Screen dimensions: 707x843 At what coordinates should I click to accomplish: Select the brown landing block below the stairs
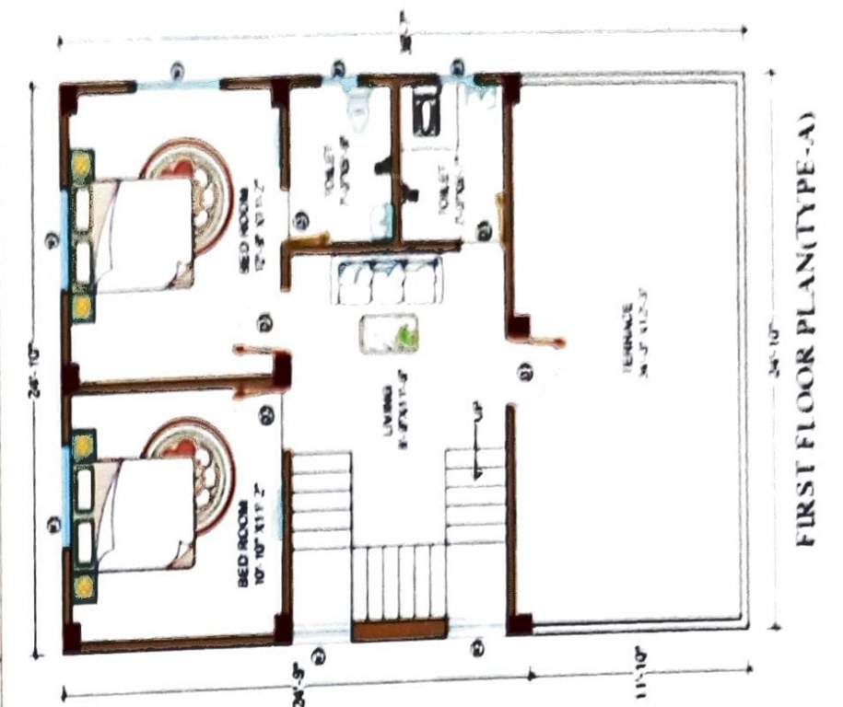[x=400, y=632]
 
